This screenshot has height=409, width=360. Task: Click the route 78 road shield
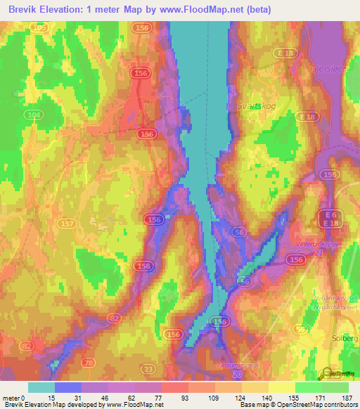pos(89,362)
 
